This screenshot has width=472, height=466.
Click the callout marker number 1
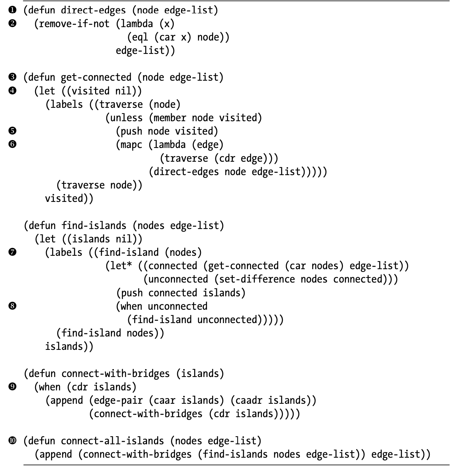(x=12, y=10)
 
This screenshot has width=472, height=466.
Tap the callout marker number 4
(x=12, y=91)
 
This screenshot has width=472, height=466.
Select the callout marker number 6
(x=12, y=144)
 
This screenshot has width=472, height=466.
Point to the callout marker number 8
(x=12, y=306)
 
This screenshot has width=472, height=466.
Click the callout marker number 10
(x=12, y=441)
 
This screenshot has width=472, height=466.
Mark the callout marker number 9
(x=12, y=387)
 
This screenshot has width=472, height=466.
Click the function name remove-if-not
(x=74, y=24)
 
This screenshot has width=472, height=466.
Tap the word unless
(x=126, y=118)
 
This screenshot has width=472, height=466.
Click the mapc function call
(x=132, y=145)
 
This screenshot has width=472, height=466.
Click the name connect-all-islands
(x=112, y=441)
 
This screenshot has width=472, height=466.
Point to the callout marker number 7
(x=12, y=252)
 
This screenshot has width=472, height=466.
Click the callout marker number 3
(x=12, y=77)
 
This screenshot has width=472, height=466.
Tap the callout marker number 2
(x=12, y=24)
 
